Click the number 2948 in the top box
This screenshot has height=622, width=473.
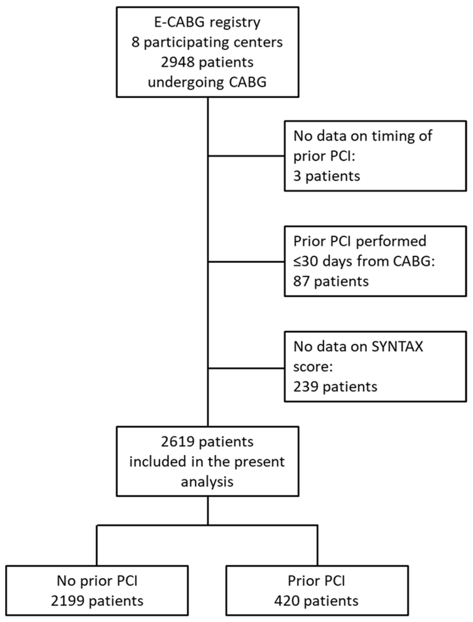point(177,62)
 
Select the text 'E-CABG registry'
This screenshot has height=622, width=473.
point(207,22)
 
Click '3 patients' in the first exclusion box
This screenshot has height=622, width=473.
point(327,176)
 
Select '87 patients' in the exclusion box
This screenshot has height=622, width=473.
point(331,282)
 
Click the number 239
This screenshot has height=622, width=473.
point(306,387)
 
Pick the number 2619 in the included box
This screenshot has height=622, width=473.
point(177,442)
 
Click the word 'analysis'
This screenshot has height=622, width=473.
point(207,482)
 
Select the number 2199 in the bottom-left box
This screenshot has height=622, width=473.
point(68,601)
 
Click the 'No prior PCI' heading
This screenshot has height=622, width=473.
point(97,581)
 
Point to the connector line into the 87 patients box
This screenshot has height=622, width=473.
point(246,262)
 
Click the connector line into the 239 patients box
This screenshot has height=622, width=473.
point(246,368)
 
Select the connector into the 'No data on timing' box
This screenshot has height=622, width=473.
point(246,156)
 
